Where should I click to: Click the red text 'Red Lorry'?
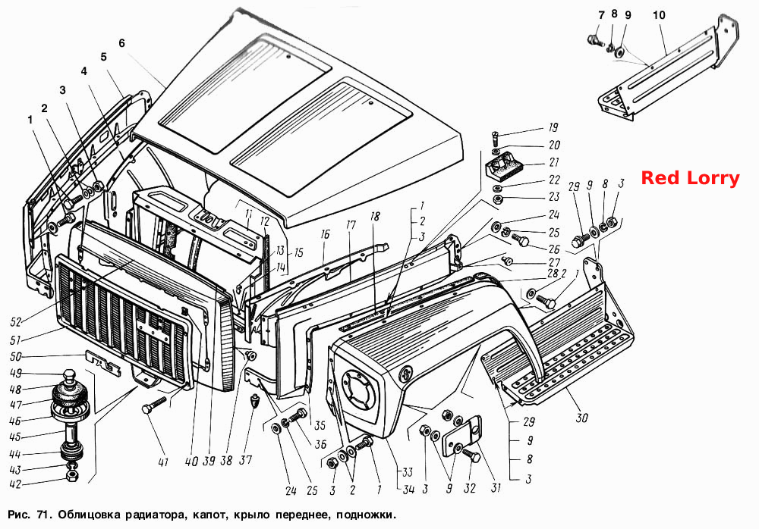pyautogui.click(x=690, y=178)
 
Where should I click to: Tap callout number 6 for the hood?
pyautogui.click(x=121, y=43)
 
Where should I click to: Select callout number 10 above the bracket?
pyautogui.click(x=659, y=15)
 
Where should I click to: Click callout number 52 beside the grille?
pyautogui.click(x=16, y=321)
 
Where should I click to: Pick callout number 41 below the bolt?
pyautogui.click(x=163, y=462)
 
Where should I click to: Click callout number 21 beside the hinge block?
pyautogui.click(x=554, y=162)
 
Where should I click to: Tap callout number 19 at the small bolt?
pyautogui.click(x=553, y=127)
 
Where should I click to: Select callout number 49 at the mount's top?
pyautogui.click(x=16, y=374)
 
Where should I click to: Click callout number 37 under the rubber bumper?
pyautogui.click(x=246, y=459)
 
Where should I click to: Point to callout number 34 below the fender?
pyautogui.click(x=408, y=489)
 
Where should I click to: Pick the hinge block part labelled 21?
pyautogui.click(x=503, y=164)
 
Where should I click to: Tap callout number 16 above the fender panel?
pyautogui.click(x=325, y=234)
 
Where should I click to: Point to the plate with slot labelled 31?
pyautogui.click(x=462, y=436)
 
